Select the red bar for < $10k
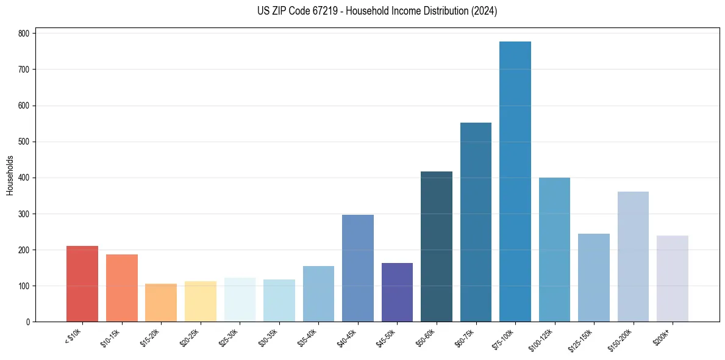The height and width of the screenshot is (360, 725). [82, 284]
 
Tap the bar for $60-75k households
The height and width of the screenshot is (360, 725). [476, 222]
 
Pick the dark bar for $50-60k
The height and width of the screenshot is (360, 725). [437, 247]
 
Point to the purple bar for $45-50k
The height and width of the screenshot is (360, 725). [397, 292]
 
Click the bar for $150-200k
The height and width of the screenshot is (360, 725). [633, 257]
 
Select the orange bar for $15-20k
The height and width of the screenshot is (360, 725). [161, 303]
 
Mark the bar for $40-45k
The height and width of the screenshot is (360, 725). [358, 268]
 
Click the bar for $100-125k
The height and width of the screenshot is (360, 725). [554, 250]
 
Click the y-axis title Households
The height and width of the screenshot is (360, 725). [10, 175]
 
